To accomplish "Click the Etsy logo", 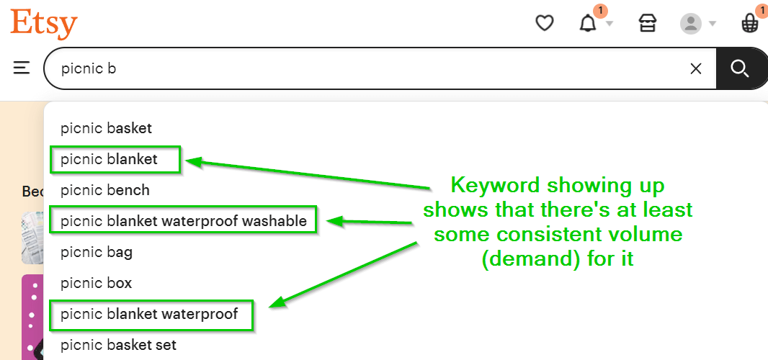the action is (44, 24).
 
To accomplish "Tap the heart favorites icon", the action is (544, 23).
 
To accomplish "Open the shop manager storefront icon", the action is (648, 23).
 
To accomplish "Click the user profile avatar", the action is (691, 24).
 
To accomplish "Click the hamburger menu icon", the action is (22, 68).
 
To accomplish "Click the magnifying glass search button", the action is (740, 68).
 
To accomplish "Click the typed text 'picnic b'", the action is (88, 68).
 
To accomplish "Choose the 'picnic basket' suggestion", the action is (107, 128).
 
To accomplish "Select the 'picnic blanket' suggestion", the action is (109, 159).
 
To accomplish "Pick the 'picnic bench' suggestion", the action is (104, 190).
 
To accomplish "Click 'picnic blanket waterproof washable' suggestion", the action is (184, 221).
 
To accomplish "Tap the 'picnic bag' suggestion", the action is (97, 252).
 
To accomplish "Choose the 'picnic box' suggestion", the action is (96, 283).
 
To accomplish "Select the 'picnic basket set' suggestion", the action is (119, 345).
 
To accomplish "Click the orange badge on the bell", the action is (600, 10).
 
